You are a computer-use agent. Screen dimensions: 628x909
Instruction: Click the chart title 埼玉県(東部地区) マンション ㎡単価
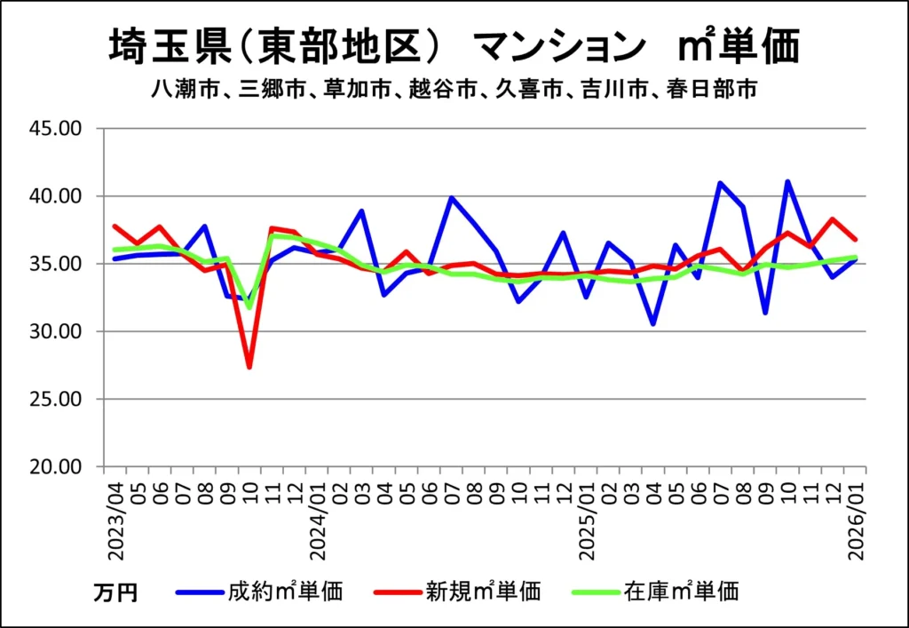point(454,46)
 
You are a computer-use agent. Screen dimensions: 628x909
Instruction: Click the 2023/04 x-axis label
point(115,520)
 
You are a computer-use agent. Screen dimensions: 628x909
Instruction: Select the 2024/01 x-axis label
point(320,520)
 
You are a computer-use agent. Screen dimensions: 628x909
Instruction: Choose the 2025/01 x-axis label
point(587,520)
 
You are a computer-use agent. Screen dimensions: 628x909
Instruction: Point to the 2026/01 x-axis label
point(857,520)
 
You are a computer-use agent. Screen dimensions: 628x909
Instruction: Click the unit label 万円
point(115,592)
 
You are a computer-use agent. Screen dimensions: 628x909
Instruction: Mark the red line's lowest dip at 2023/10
point(249,367)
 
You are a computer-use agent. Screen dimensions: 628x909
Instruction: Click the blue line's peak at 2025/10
point(787,181)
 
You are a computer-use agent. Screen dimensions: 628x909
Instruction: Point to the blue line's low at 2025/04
point(653,324)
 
